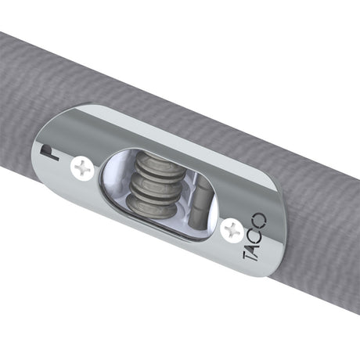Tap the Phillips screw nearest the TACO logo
(232, 229)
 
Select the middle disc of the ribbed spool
(153, 185)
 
